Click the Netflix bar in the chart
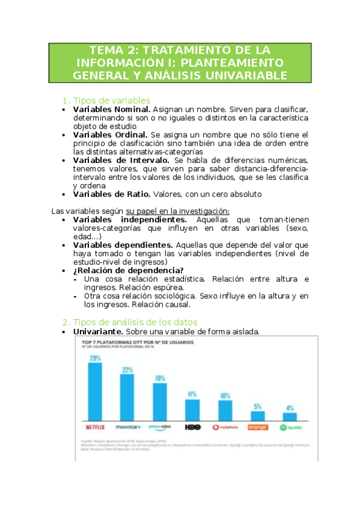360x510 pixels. [95, 390]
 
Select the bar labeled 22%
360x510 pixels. [127, 396]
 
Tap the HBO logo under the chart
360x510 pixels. [192, 427]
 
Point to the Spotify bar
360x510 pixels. [290, 416]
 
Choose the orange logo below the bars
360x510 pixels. [257, 428]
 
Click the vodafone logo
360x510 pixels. [225, 428]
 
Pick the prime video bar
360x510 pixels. [160, 401]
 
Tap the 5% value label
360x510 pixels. [257, 407]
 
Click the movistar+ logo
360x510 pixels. [127, 427]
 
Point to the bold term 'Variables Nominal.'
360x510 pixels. [111, 110]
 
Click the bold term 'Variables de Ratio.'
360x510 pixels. [111, 194]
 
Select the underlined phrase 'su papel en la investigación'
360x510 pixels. [177, 210]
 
